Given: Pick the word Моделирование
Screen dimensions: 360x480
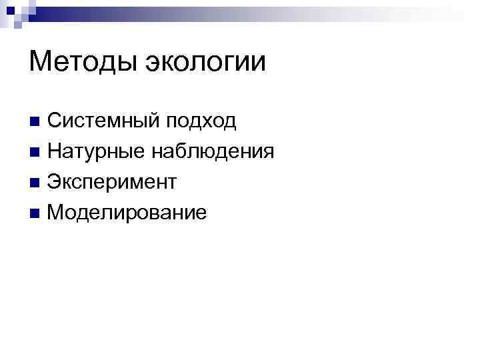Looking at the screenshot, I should [x=127, y=213].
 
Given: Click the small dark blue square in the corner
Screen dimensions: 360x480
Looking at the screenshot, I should [x=9, y=9].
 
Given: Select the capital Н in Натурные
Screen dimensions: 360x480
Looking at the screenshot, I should [x=55, y=151].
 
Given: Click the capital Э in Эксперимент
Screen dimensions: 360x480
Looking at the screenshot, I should [x=55, y=182].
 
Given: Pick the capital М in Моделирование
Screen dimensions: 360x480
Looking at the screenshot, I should [x=57, y=213].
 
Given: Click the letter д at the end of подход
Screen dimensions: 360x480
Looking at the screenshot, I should [x=229, y=122].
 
